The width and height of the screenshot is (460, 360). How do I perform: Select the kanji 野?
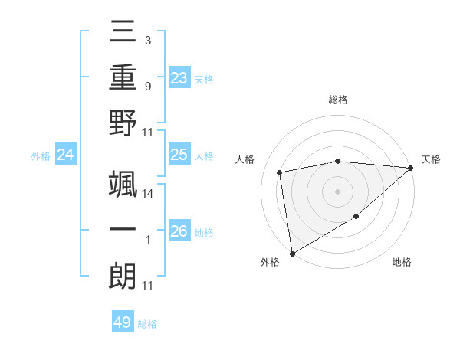tap(123, 123)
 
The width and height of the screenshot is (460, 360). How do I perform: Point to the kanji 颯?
tap(123, 182)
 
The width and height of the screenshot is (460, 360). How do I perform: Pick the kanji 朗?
tap(123, 275)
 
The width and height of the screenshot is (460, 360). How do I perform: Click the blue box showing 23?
tap(179, 77)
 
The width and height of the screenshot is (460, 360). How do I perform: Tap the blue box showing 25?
tap(179, 155)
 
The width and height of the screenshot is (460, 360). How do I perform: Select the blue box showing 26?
tap(179, 231)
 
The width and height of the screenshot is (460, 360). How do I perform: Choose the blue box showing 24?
tap(65, 155)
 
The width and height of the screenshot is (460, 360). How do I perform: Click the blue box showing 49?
tap(123, 322)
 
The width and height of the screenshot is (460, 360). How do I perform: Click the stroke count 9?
tap(147, 87)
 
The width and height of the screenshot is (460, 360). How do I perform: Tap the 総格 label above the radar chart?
tap(338, 100)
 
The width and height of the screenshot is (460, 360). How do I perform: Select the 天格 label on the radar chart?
tap(431, 159)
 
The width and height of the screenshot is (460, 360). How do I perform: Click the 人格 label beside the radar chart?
tap(246, 159)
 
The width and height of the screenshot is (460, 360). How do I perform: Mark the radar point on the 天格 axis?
tap(411, 168)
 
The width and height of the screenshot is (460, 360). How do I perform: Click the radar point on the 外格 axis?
tap(292, 253)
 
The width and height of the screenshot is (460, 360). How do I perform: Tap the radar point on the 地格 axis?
tap(356, 218)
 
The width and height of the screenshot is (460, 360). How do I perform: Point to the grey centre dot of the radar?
tap(338, 191)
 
